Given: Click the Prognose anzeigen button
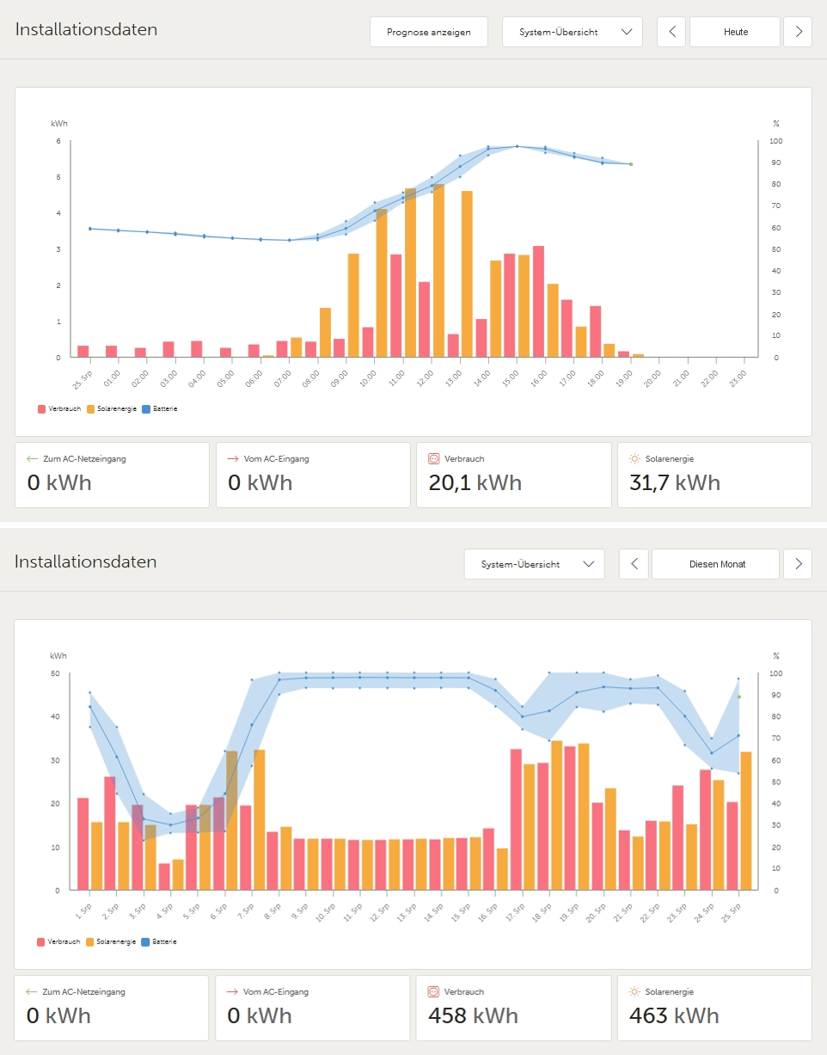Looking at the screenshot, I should tap(428, 32).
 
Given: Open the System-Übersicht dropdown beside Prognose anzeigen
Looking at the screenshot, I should tap(572, 32).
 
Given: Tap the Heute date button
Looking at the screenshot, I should tap(735, 32).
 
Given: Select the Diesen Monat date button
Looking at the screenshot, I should tap(715, 564).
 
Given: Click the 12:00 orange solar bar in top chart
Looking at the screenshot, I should tap(438, 271).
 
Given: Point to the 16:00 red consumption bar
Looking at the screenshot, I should tap(538, 301).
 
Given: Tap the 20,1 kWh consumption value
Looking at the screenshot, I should tap(475, 482).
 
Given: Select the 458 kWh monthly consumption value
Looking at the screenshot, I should tap(473, 1015).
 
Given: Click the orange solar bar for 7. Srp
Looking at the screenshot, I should tap(259, 819).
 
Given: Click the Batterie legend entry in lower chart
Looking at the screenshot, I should tap(163, 942).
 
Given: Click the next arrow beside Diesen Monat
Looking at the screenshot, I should tap(798, 564).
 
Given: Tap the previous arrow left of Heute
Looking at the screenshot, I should tap(671, 32).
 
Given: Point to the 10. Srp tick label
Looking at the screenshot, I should tap(323, 908).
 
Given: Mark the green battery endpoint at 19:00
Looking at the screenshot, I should tap(630, 164).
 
